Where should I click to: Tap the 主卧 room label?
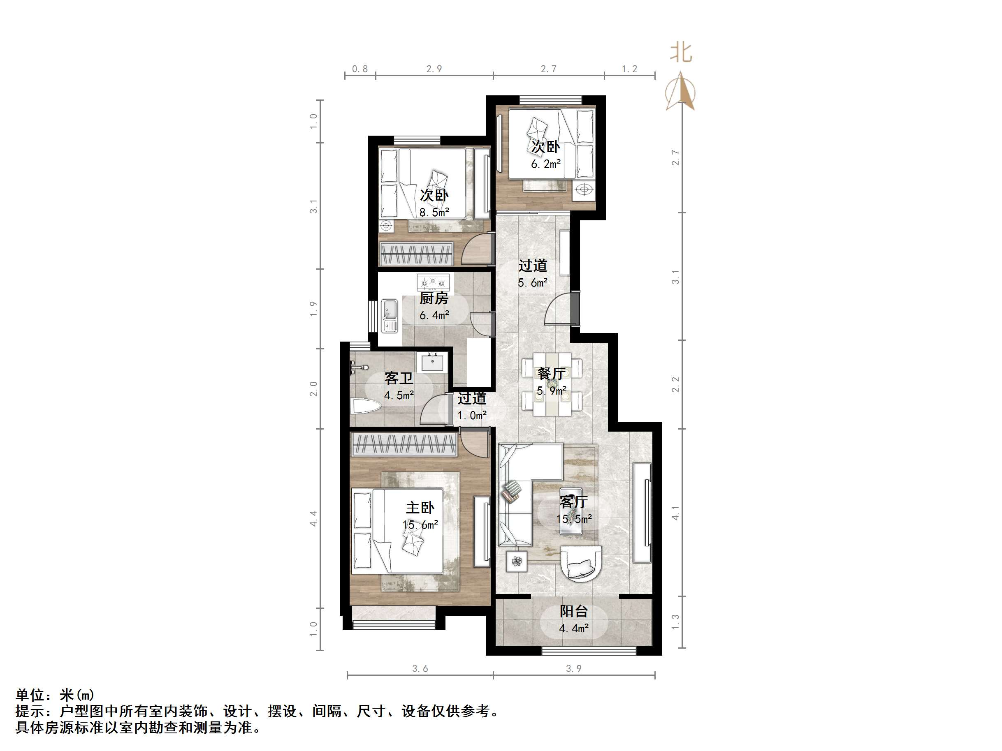point(420,508)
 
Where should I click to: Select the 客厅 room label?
point(573,501)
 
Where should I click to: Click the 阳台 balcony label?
point(573,611)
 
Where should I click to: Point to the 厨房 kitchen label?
point(434,298)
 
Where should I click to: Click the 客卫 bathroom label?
point(399,378)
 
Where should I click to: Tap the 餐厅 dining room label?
point(551,374)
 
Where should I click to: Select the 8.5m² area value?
point(434,212)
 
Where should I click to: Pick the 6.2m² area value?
point(546,164)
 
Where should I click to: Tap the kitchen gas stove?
point(433,283)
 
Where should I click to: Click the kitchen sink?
point(389,310)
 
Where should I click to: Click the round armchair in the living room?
point(581,562)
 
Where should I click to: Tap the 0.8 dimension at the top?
point(360,69)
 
